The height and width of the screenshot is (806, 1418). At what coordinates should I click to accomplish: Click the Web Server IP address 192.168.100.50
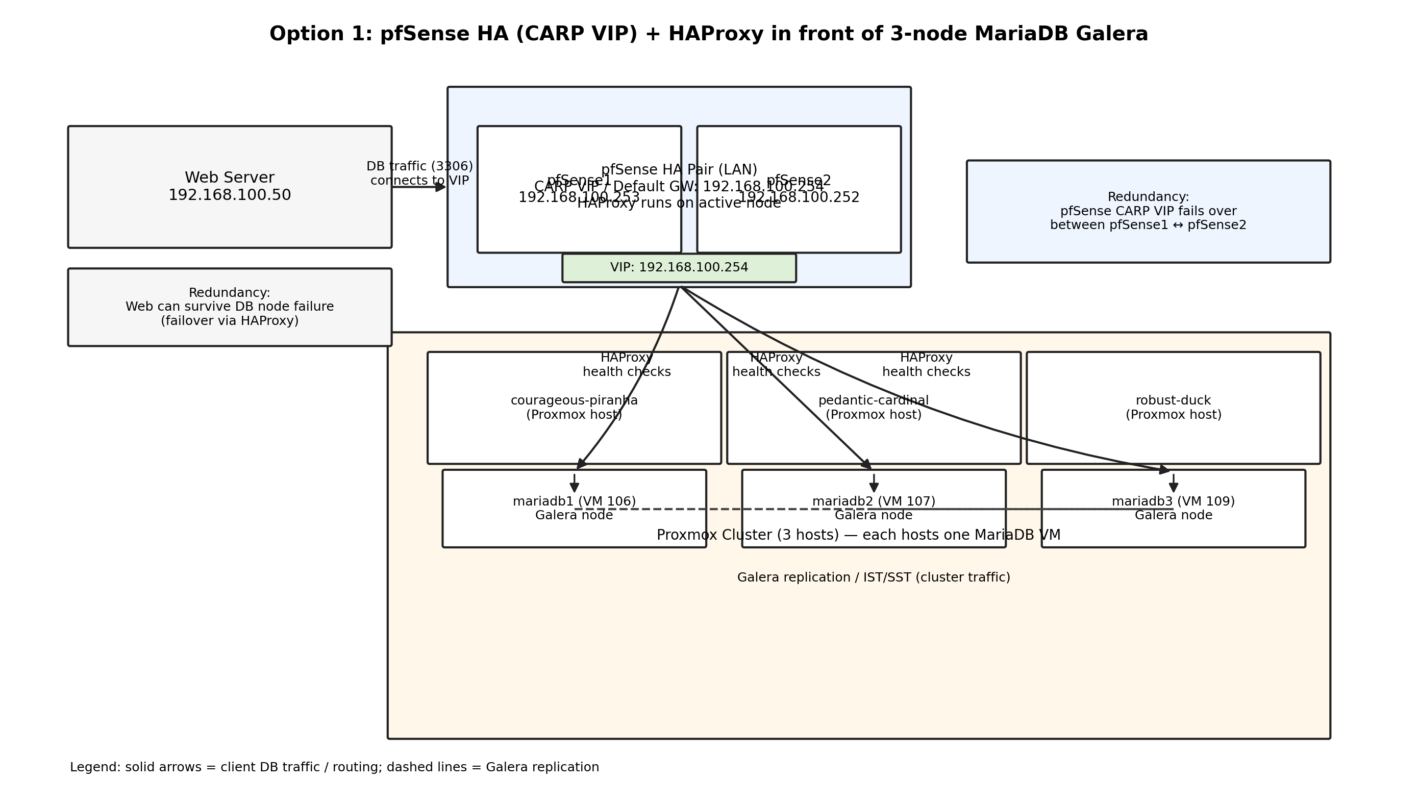click(229, 195)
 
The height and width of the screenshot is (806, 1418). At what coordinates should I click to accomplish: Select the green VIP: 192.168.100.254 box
click(679, 268)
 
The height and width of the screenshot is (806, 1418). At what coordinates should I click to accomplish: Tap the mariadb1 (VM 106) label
click(574, 501)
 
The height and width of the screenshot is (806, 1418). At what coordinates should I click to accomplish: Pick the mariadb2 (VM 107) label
click(874, 501)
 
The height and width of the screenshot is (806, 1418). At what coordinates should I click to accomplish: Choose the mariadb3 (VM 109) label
click(1173, 501)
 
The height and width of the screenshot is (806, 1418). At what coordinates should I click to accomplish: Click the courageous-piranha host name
click(574, 400)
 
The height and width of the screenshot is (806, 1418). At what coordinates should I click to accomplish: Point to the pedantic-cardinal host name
click(874, 400)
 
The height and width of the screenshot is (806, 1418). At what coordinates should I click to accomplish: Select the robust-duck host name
click(1173, 400)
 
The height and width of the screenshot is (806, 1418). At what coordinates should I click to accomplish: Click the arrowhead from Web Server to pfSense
click(441, 187)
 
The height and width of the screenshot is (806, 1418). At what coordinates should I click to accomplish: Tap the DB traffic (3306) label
click(420, 166)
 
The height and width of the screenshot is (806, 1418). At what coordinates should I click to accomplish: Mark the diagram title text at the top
click(709, 34)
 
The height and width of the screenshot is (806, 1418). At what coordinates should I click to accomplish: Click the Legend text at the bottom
click(334, 767)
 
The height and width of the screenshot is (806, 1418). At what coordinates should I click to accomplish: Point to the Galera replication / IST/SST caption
click(874, 577)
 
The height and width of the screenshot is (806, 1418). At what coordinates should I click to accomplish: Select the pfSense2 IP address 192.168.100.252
click(799, 197)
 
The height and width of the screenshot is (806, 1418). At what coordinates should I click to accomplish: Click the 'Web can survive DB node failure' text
click(229, 307)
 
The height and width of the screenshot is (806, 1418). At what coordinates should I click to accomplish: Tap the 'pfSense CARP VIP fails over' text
click(1149, 212)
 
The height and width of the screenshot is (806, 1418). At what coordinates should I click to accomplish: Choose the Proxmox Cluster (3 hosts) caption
click(858, 535)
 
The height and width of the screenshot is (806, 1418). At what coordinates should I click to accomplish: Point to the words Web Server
click(229, 178)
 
